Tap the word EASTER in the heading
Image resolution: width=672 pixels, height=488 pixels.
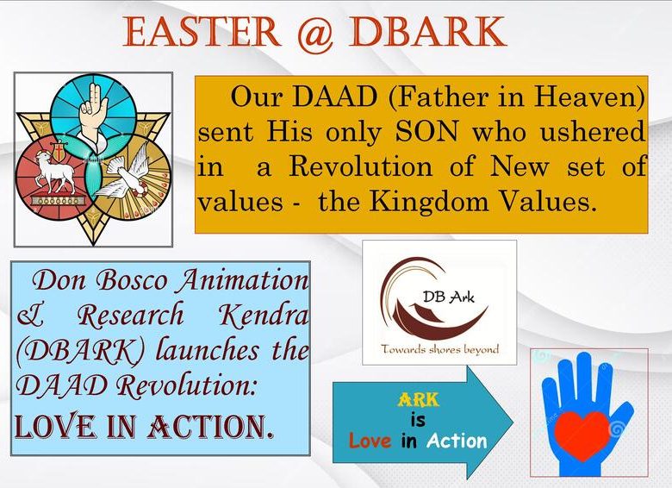[x=202, y=32]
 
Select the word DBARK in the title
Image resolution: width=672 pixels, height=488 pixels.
[x=427, y=32]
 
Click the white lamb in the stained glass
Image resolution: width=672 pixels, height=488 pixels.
[x=52, y=172]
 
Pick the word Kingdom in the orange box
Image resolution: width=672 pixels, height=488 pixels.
[x=429, y=201]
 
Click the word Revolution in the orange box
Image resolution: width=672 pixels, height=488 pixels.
[x=361, y=166]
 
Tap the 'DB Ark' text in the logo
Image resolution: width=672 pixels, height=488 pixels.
[x=449, y=297]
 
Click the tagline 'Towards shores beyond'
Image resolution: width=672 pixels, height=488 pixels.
[x=440, y=349]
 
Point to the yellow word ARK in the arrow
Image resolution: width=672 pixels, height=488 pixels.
[x=419, y=400]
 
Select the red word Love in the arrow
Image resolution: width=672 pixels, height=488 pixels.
[x=370, y=441]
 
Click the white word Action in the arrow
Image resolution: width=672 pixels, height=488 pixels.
[x=457, y=441]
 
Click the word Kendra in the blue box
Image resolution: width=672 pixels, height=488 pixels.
[x=264, y=316]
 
